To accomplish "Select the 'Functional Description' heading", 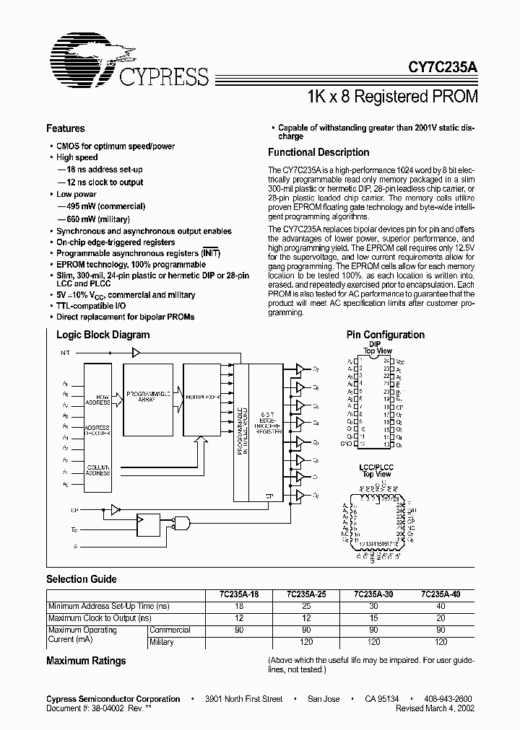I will pos(318,152).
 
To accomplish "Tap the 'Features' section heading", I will pos(66,128).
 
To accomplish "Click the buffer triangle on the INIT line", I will pos(136,353).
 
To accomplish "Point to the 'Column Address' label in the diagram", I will pos(97,470).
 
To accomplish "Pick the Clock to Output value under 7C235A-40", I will pos(441,618).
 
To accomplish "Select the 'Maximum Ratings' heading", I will pos(86,661).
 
